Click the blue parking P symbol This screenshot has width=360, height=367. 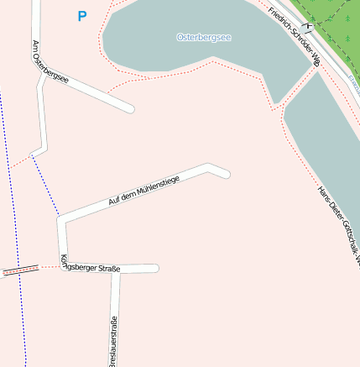(81, 16)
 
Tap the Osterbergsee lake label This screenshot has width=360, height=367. (204, 38)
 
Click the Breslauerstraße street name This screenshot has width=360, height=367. (114, 341)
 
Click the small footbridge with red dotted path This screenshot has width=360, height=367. (20, 270)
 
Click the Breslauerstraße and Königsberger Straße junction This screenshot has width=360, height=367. (116, 270)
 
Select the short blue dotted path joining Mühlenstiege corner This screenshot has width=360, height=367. (46, 186)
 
